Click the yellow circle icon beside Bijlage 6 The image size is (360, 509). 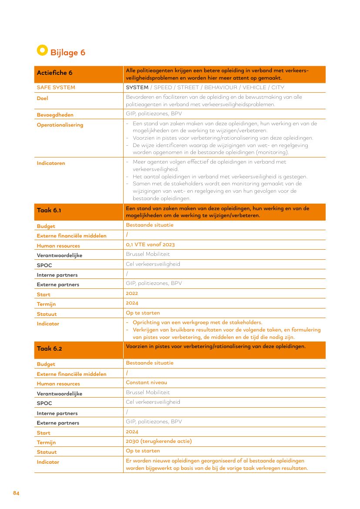click(x=42, y=50)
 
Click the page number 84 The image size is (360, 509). click(x=16, y=493)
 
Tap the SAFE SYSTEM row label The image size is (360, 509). click(x=56, y=87)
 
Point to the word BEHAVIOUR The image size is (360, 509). click(x=221, y=87)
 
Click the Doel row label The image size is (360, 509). click(x=42, y=98)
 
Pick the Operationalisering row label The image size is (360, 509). click(x=60, y=125)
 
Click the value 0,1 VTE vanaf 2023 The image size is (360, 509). click(x=150, y=244)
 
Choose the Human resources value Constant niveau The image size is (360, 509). click(x=146, y=382)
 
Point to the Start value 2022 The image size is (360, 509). click(x=132, y=293)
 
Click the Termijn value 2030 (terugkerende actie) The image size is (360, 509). click(x=158, y=441)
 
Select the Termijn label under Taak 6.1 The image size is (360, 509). click(x=46, y=304)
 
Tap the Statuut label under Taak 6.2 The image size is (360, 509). click(x=47, y=452)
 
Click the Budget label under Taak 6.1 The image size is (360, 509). click(x=46, y=226)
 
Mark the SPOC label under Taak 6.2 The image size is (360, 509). click(x=44, y=403)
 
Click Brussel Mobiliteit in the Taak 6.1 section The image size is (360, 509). click(x=148, y=254)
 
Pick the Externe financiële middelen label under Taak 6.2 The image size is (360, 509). click(x=71, y=374)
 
